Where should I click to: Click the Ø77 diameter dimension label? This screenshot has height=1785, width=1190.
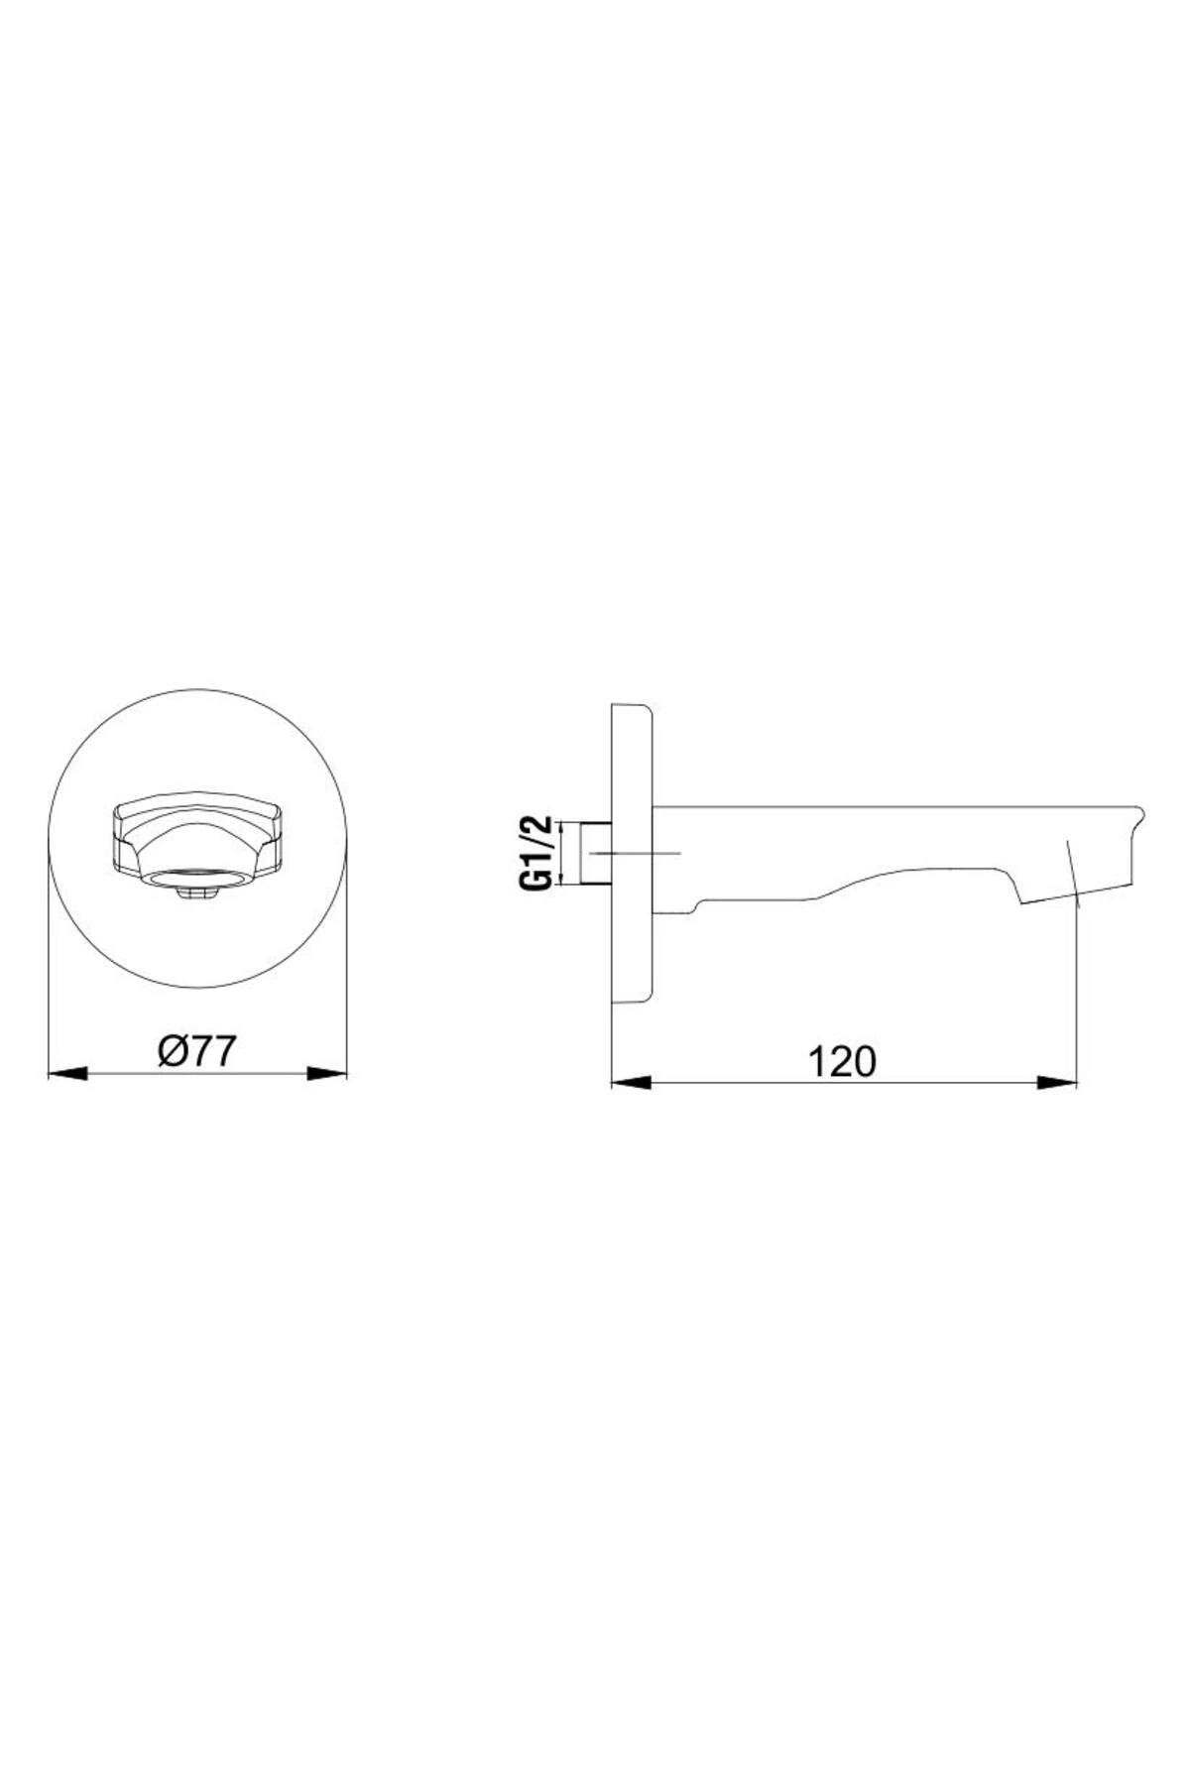point(197,1050)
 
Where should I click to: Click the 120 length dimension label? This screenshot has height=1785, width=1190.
point(844,1062)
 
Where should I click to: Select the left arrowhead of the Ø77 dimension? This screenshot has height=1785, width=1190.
point(68,1073)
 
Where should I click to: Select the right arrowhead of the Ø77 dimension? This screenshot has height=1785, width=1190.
point(327,1073)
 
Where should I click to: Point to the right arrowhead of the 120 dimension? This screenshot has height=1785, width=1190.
point(1057,1083)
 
